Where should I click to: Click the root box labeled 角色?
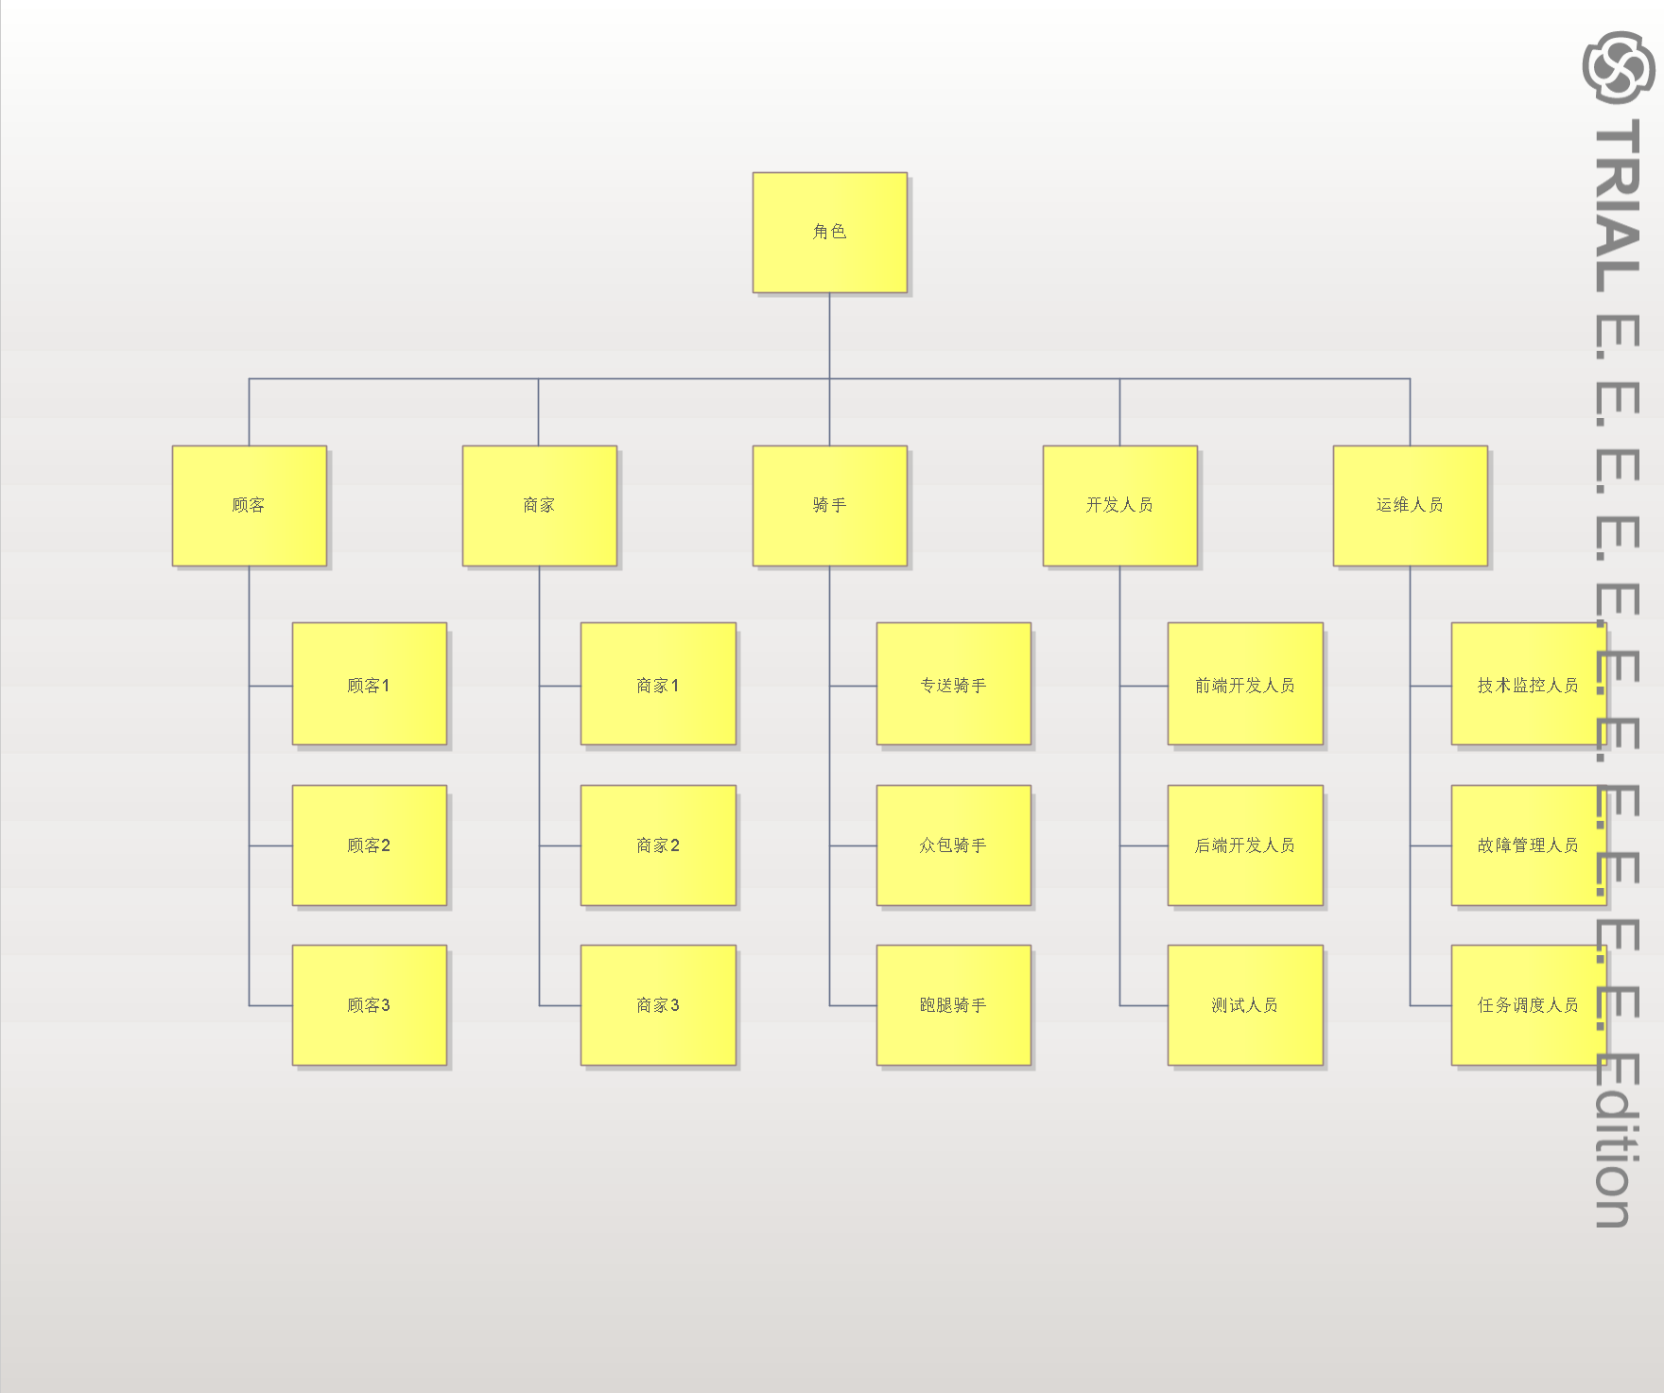coord(829,232)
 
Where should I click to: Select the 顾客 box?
coord(249,505)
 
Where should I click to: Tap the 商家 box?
coord(539,505)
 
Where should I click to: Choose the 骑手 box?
coord(829,505)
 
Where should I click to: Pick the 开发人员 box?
coord(1119,505)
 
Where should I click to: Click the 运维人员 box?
coord(1410,505)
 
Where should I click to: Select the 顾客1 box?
coord(369,684)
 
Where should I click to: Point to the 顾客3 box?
coord(369,1004)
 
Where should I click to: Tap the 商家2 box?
coord(658,845)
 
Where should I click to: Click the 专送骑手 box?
coord(953,684)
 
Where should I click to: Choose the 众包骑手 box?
coord(953,845)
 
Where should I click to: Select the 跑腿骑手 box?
coord(953,1004)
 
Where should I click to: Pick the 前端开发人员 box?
coord(1244,684)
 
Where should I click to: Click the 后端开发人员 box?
coord(1244,845)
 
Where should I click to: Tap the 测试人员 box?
coord(1244,1004)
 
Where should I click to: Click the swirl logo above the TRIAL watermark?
coord(1618,66)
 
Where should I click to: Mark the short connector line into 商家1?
coord(560,686)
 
